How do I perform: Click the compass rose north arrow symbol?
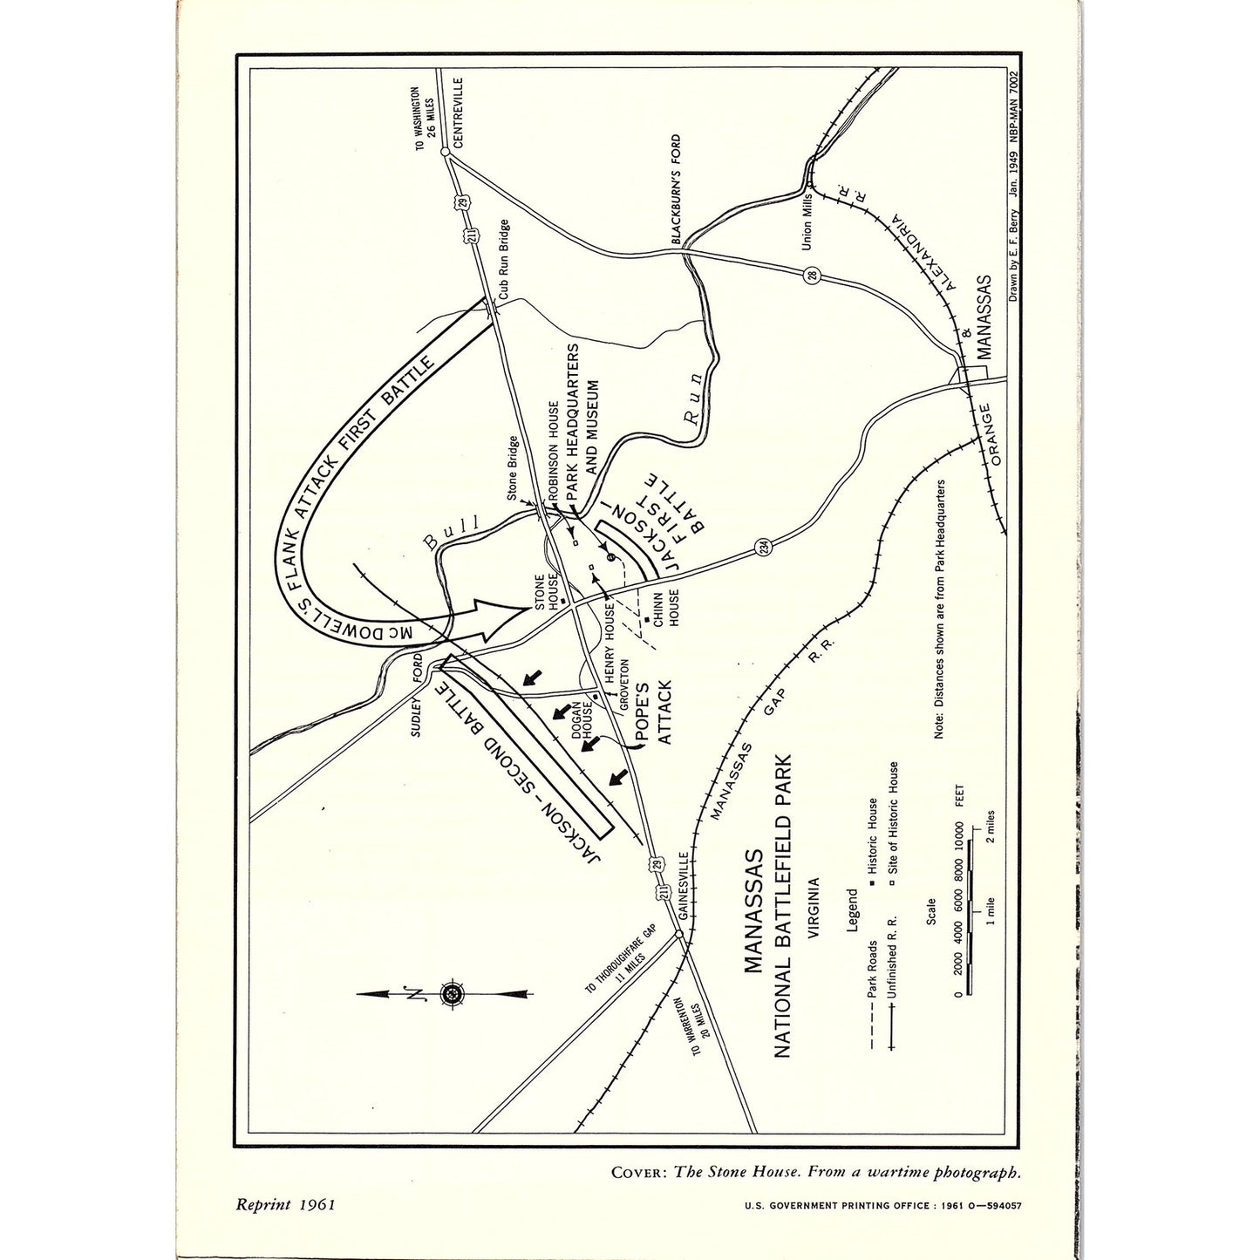[x=453, y=992]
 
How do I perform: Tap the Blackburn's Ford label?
[x=677, y=189]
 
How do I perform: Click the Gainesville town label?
[x=683, y=887]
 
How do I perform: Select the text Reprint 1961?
[x=285, y=1204]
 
